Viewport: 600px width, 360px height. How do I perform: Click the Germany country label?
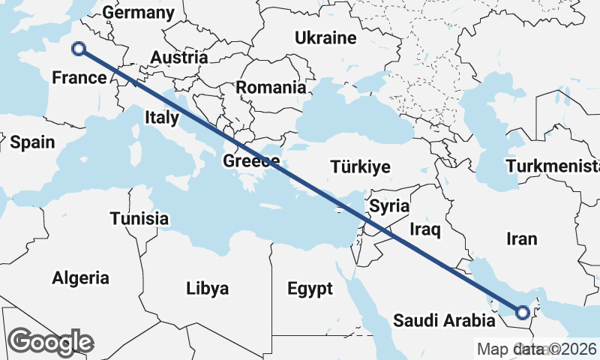(x=139, y=13)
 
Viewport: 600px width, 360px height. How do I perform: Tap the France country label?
(x=79, y=78)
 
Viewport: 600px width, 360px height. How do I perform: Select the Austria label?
(x=178, y=58)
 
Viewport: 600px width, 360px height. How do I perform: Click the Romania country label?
(x=271, y=87)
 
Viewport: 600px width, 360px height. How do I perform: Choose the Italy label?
(x=162, y=117)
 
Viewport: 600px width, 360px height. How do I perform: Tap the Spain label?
(x=33, y=142)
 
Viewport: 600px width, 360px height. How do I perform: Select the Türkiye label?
(x=362, y=166)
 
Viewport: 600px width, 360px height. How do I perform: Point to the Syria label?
(x=390, y=205)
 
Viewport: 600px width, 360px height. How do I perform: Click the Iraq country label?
(x=425, y=229)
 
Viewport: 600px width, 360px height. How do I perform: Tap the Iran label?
(x=522, y=238)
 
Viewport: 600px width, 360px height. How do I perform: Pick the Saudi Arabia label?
(x=444, y=322)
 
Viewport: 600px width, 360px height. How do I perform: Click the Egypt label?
(x=310, y=288)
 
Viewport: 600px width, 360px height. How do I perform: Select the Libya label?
(x=208, y=288)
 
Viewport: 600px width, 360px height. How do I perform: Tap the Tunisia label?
(x=139, y=219)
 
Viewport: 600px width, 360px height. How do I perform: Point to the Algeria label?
(x=80, y=278)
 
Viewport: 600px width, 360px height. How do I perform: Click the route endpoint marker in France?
(x=79, y=49)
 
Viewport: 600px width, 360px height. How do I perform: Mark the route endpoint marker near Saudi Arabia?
(x=523, y=311)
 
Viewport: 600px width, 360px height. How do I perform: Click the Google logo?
(x=51, y=341)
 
